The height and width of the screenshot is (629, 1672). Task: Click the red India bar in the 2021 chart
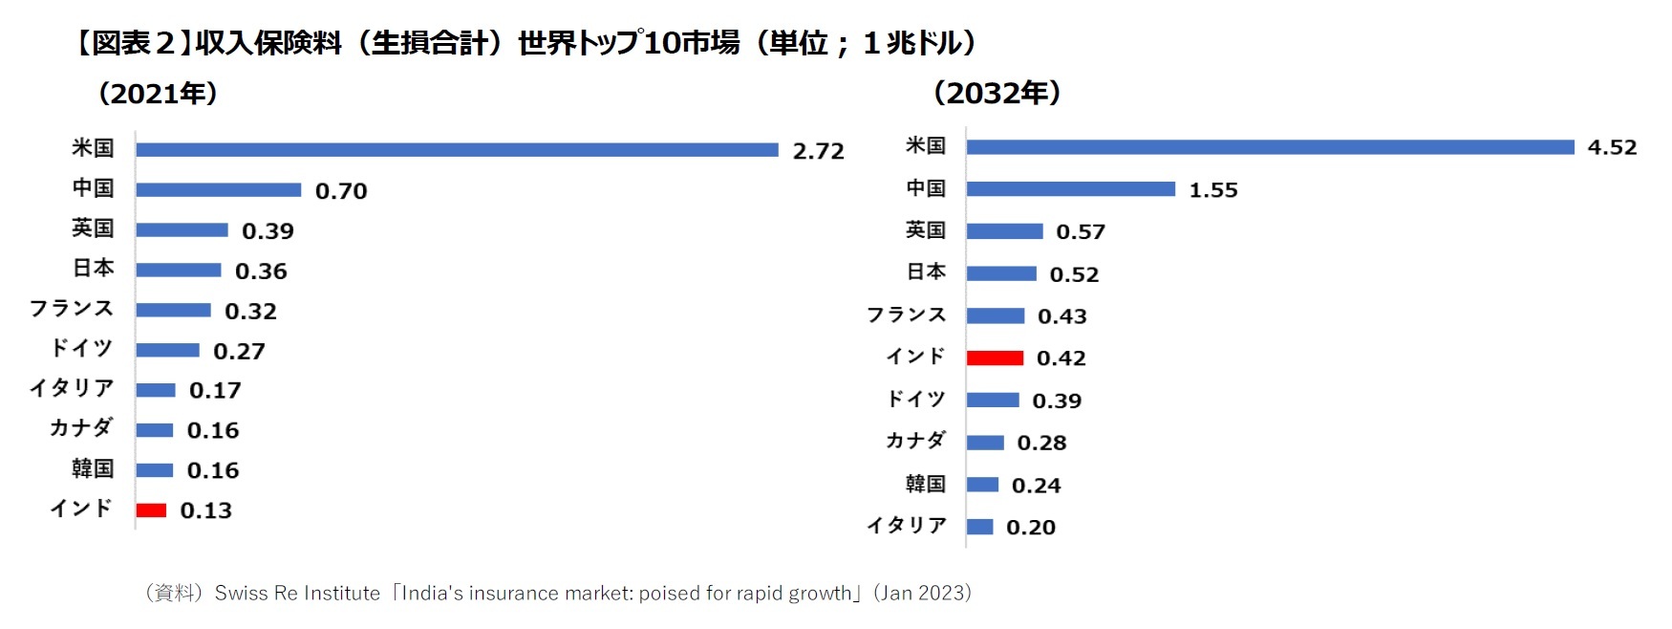click(x=151, y=510)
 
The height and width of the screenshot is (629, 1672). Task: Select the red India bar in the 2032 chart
click(x=995, y=358)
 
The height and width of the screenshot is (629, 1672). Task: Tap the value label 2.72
click(x=818, y=151)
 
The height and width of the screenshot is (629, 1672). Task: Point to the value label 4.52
click(x=1612, y=147)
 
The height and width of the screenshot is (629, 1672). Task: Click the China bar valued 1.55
click(x=1070, y=189)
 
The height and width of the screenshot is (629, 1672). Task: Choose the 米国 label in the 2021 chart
click(x=93, y=148)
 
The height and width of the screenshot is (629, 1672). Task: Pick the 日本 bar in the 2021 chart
click(x=178, y=271)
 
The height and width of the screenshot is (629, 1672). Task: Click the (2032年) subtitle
click(x=996, y=93)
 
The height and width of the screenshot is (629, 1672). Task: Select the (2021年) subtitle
click(x=158, y=94)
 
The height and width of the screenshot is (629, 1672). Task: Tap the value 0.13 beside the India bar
click(x=205, y=510)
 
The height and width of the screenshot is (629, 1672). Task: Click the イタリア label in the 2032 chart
click(x=906, y=526)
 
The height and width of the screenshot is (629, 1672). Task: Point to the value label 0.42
click(x=1061, y=358)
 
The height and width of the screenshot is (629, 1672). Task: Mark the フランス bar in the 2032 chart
click(x=995, y=316)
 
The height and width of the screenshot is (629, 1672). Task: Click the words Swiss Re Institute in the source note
click(x=297, y=594)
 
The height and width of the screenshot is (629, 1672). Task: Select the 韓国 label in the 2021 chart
click(x=93, y=469)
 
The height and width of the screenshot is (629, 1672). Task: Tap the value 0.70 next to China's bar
click(x=340, y=191)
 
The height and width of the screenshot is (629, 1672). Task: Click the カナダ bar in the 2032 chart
click(x=984, y=443)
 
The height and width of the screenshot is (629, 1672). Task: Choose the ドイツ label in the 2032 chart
click(x=915, y=399)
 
